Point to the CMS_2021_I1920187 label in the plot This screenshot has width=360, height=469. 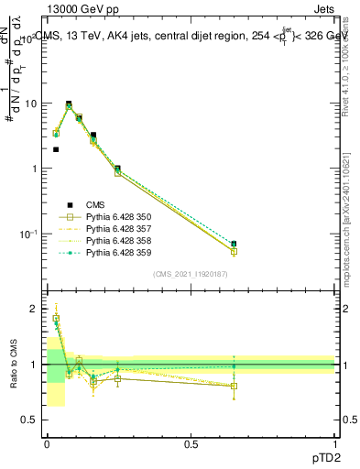191,274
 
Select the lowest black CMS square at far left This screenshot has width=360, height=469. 56,149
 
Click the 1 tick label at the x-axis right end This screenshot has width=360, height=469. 334,443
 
